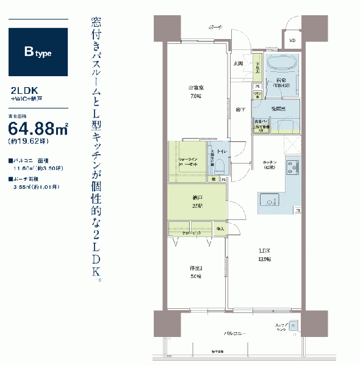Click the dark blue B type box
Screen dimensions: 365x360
[x=38, y=51]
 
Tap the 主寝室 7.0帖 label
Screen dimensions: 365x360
[x=195, y=92]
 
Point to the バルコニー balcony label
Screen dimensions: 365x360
[x=235, y=334]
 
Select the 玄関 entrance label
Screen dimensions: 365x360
[x=239, y=63]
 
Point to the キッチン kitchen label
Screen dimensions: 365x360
[x=269, y=165]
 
